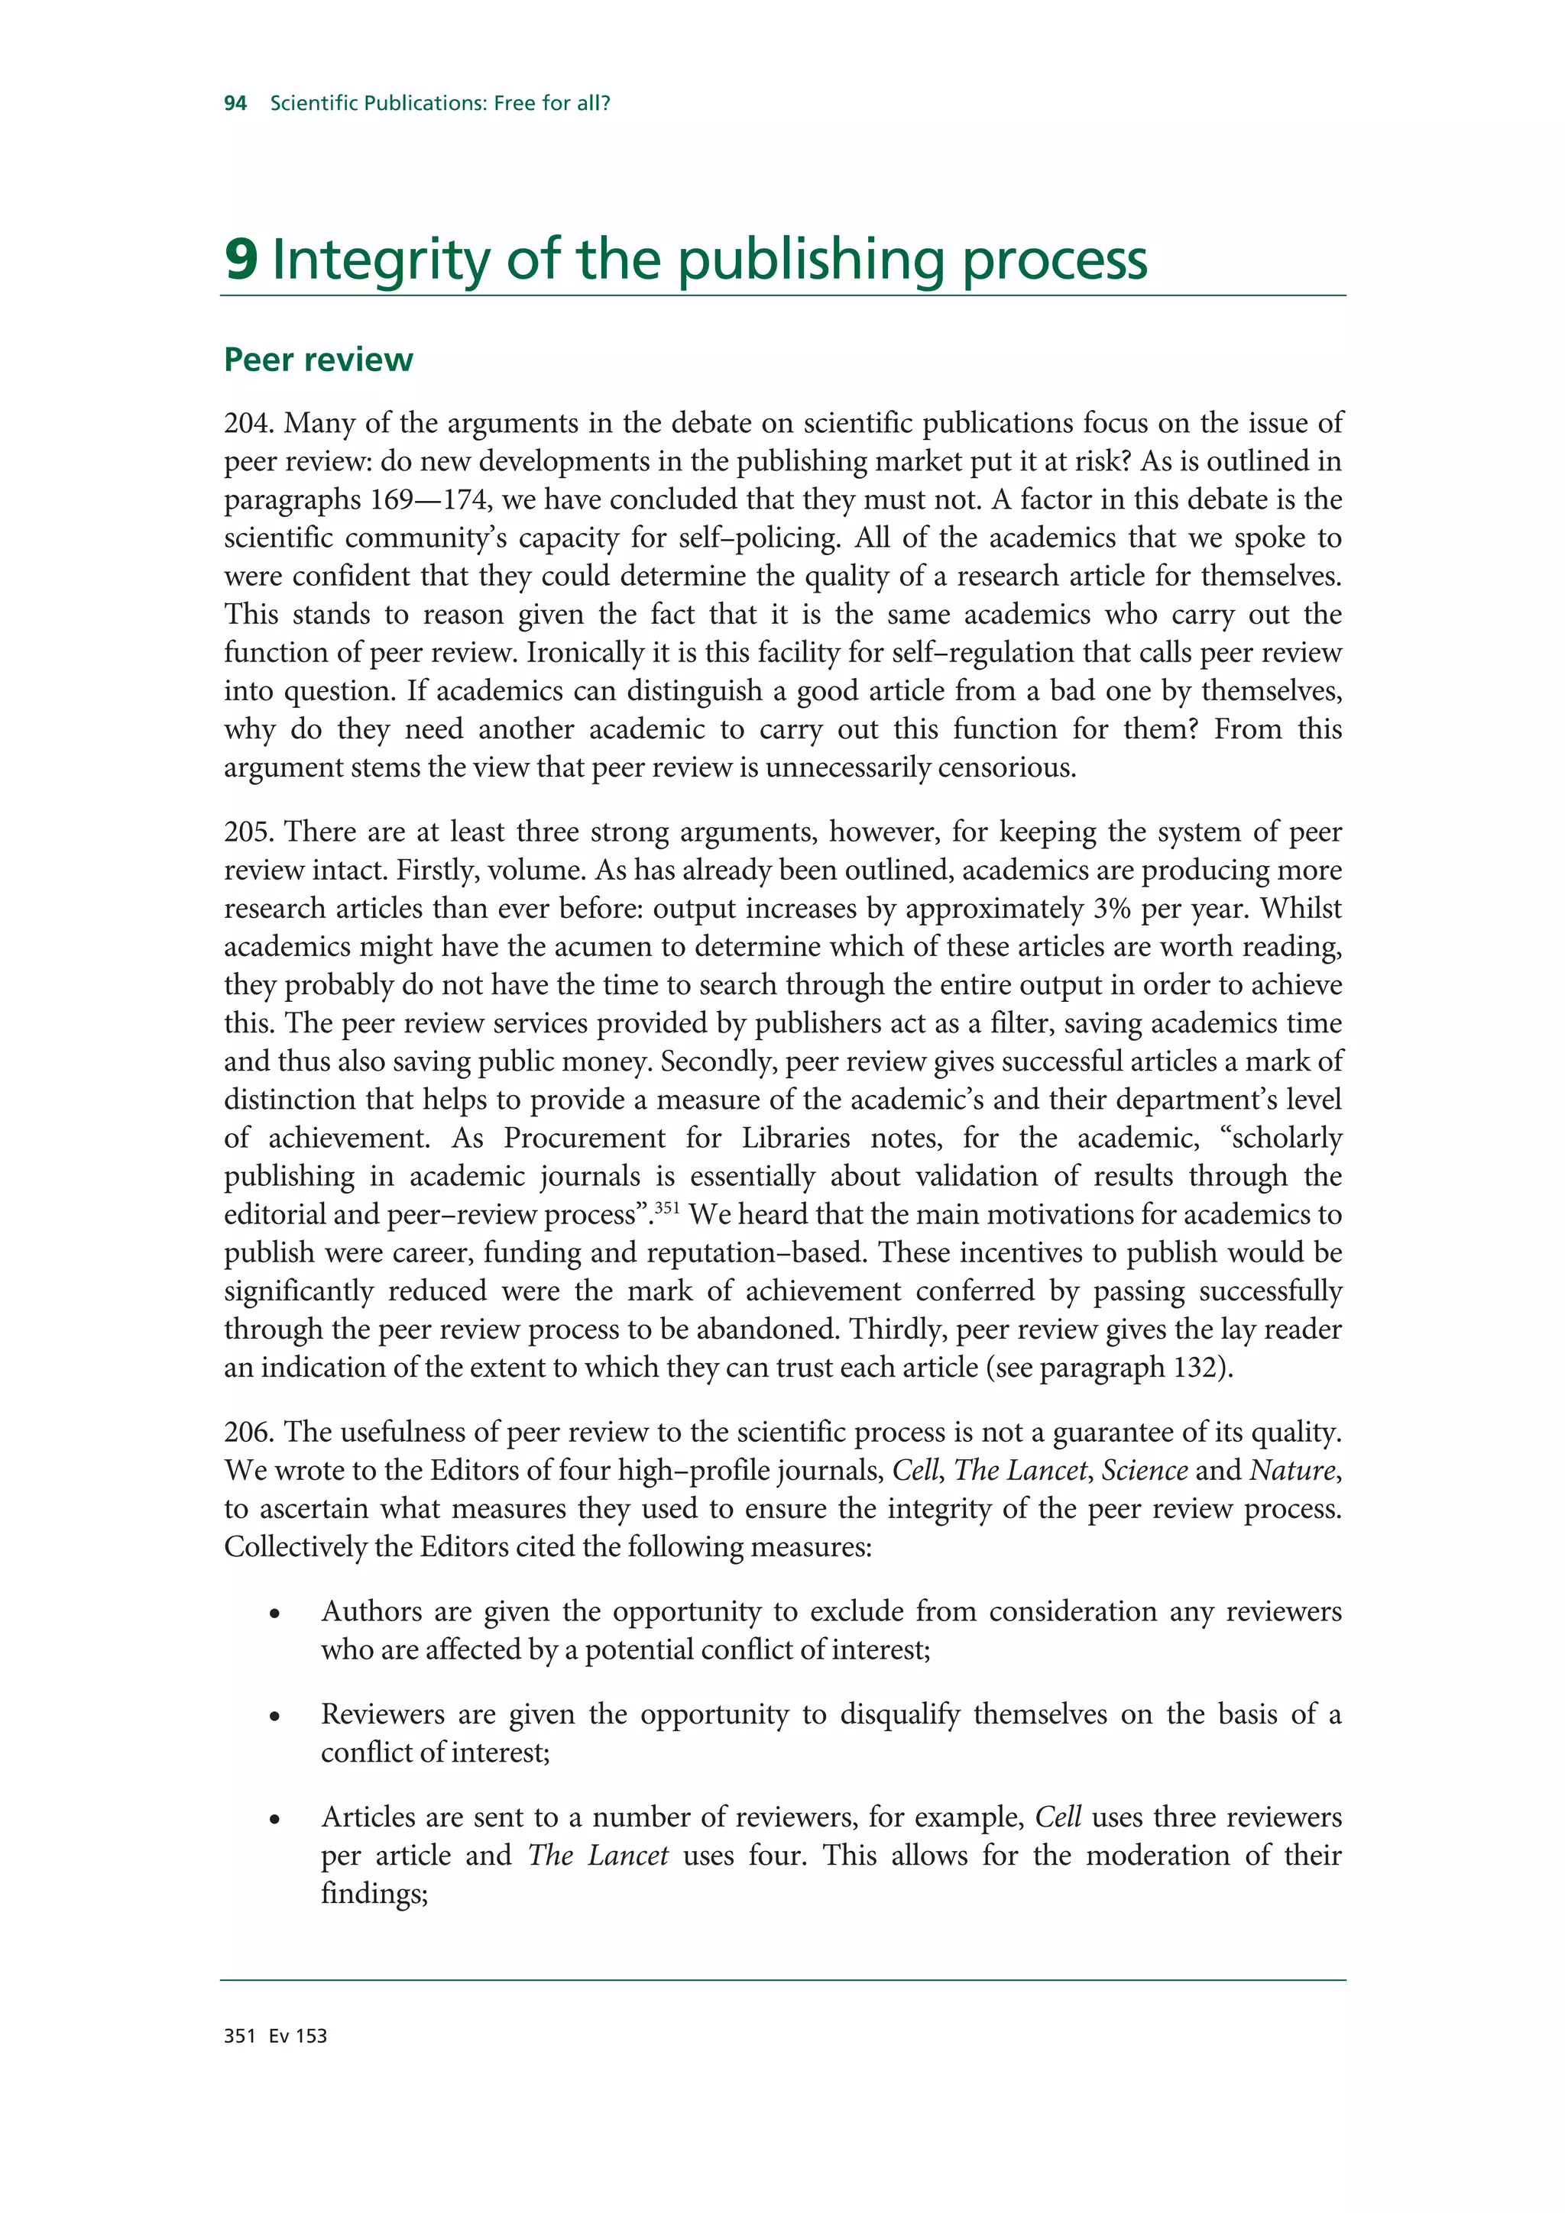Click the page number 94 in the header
point(235,103)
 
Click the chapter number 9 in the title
point(241,260)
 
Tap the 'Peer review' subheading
point(318,360)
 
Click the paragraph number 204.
point(249,423)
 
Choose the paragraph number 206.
point(249,1433)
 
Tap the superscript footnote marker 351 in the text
point(667,1207)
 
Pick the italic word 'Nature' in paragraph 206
point(1292,1471)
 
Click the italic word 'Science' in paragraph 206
point(1144,1471)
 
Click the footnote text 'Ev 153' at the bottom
point(298,2037)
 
